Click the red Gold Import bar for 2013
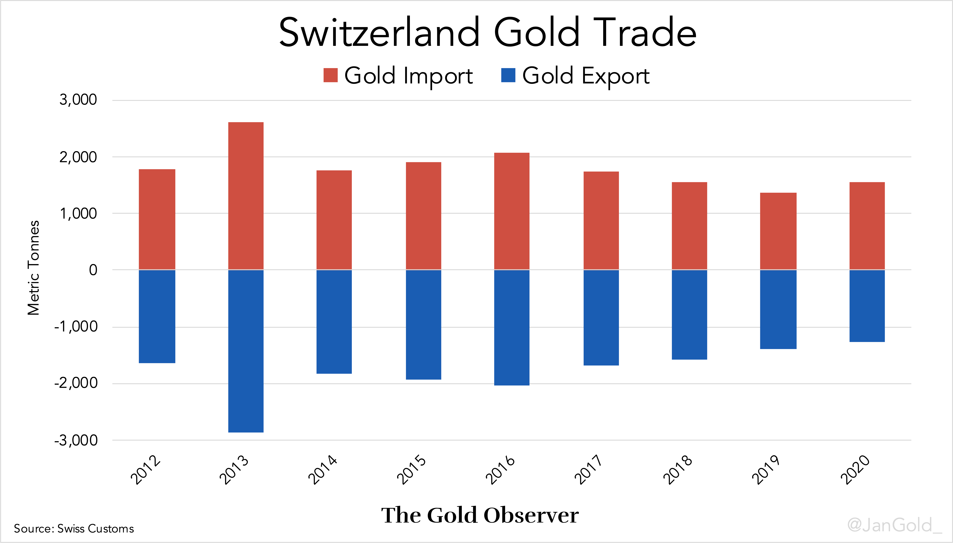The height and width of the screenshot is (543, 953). pos(246,196)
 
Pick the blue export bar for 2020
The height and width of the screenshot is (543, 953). pos(867,306)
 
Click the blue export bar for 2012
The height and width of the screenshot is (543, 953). pos(157,316)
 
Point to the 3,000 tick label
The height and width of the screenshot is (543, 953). pos(78,100)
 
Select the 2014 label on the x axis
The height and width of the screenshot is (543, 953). pos(322,470)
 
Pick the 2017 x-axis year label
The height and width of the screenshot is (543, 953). pos(588,470)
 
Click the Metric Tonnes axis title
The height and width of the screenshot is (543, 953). pos(34,268)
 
